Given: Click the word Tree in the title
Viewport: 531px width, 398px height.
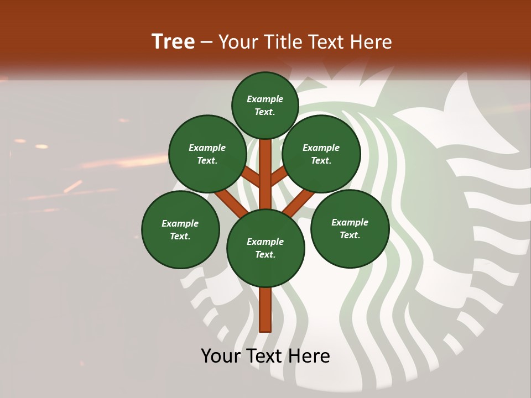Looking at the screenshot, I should coord(173,42).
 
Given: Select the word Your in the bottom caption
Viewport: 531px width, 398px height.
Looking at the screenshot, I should coord(221,356).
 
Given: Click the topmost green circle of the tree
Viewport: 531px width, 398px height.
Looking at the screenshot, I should coord(265,105).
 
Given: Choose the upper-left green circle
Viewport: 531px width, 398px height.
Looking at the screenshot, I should coord(207,154).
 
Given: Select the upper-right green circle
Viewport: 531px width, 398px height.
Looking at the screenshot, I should coord(321,154).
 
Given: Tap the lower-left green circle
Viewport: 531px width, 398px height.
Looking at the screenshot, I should coord(180,229).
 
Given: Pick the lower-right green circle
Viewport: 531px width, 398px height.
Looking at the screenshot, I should coord(350,228).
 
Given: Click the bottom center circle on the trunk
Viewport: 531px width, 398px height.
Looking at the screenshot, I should coord(265,248).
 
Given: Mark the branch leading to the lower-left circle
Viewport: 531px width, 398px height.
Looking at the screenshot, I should coord(231,203).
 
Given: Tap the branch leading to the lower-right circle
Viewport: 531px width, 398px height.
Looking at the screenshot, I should coord(299,203).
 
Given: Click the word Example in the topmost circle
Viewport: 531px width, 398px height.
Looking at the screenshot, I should coord(265,99).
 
